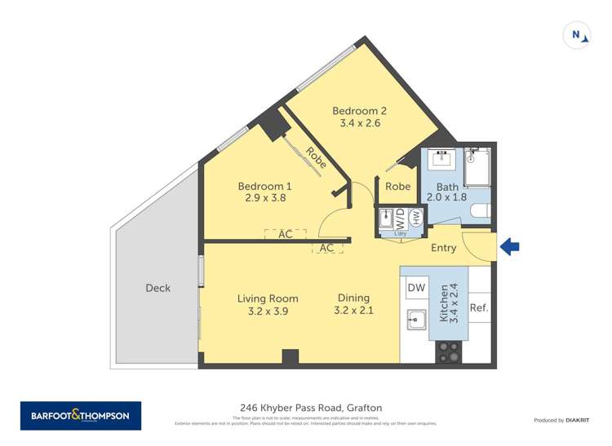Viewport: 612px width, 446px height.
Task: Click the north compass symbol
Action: coord(577,35)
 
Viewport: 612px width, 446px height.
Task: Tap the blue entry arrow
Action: coord(509,246)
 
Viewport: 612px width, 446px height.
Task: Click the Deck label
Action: coord(158,288)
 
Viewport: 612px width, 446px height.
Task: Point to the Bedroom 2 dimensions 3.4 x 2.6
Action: coord(360,124)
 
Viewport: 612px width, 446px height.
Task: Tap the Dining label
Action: coord(353,298)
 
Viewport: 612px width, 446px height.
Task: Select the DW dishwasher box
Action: coord(416,288)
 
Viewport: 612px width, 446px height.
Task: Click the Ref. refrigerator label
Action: coord(479,308)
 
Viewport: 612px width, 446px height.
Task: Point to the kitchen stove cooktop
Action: coord(448,351)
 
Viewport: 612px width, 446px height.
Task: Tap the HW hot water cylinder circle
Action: coord(415,218)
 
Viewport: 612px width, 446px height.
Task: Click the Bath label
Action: coord(447,187)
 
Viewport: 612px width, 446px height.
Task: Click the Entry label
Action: coord(443,248)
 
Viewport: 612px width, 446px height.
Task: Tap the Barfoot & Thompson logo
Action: coord(80,416)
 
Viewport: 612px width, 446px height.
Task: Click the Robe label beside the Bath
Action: coord(397,187)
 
